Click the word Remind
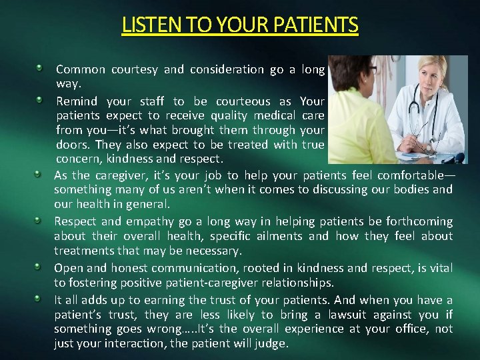pyautogui.click(x=77, y=101)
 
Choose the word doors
pyautogui.click(x=73, y=145)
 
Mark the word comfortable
pyautogui.click(x=409, y=175)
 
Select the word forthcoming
pyautogui.click(x=417, y=221)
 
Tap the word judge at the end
pyautogui.click(x=273, y=344)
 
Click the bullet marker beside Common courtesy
pyautogui.click(x=41, y=68)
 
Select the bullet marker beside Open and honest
pyautogui.click(x=41, y=267)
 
